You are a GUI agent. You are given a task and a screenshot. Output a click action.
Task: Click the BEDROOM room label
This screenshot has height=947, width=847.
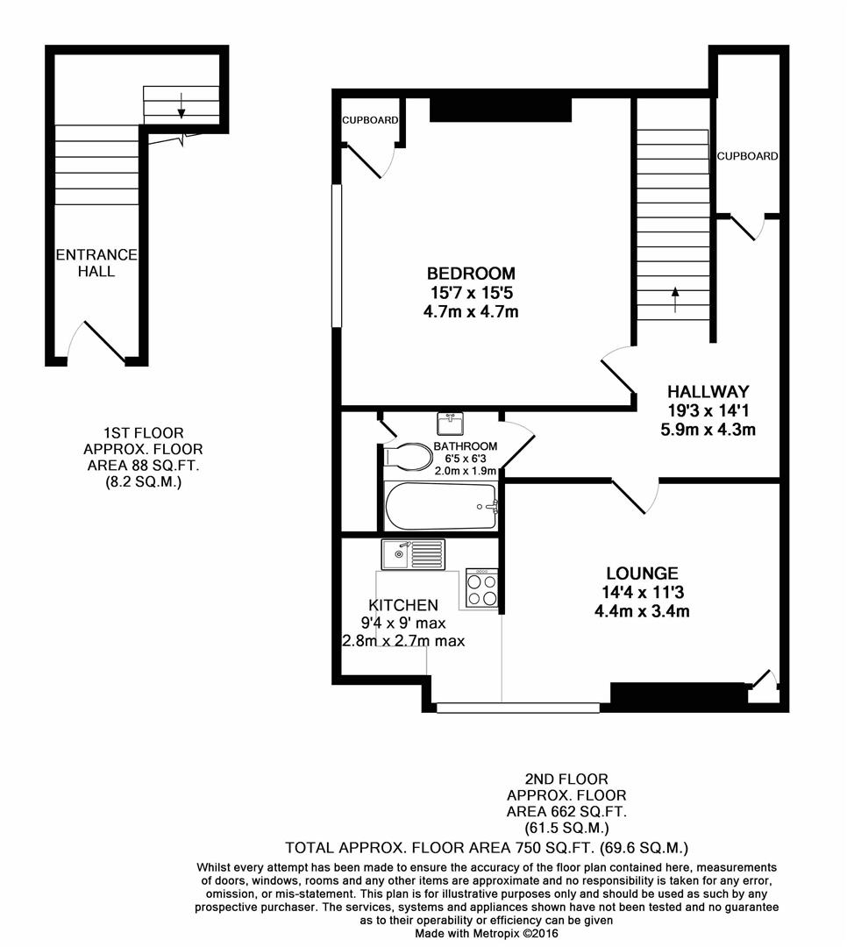click(471, 273)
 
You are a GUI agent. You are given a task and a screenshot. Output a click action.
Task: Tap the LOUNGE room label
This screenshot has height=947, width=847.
click(640, 574)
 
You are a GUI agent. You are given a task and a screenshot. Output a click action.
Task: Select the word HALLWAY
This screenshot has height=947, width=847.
click(708, 391)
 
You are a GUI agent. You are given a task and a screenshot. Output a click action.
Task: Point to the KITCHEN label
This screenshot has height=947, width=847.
click(402, 605)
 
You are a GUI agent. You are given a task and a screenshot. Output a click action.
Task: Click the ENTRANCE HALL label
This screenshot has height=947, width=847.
click(96, 263)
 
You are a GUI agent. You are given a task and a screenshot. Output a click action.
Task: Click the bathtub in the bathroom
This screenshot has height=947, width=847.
click(441, 506)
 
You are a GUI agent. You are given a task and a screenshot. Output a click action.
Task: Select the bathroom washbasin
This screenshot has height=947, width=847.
click(451, 424)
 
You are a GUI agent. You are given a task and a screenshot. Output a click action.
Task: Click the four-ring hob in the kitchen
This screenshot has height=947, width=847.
click(481, 587)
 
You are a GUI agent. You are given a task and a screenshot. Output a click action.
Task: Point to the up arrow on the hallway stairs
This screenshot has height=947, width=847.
click(675, 298)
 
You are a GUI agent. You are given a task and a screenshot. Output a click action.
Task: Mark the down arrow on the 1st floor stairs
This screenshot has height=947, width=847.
click(181, 103)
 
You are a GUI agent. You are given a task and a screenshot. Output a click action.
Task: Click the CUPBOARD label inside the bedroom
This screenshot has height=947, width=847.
click(370, 120)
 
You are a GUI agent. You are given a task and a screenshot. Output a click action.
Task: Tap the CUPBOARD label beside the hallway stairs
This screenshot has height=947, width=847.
click(747, 156)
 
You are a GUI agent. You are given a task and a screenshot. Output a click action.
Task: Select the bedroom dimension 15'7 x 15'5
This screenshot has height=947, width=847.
click(471, 292)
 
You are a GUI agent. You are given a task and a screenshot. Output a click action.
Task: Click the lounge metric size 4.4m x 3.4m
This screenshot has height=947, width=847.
click(641, 611)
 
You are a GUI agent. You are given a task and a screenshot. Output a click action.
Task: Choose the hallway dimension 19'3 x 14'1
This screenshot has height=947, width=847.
click(708, 410)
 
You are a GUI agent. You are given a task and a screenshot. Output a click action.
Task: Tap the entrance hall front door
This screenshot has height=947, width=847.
click(103, 341)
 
